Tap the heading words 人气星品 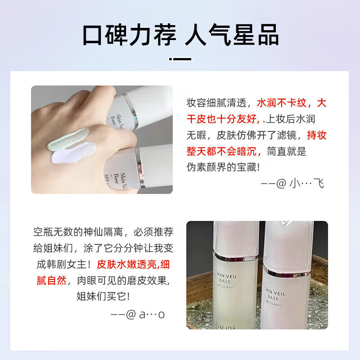tap(232, 35)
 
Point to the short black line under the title tap(180, 58)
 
